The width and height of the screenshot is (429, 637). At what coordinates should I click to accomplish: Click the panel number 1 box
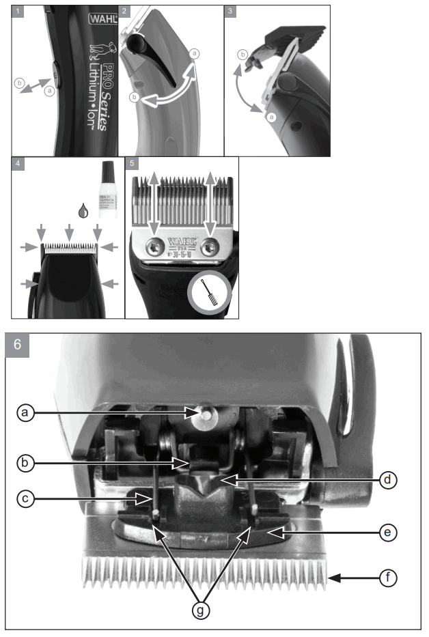coord(18,12)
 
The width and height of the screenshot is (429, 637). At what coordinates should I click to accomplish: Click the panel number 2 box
coord(124,12)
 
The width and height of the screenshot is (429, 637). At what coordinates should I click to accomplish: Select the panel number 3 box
coord(230,12)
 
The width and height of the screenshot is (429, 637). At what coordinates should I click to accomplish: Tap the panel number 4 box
coord(18,164)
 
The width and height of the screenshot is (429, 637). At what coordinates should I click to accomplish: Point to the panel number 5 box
coord(131,164)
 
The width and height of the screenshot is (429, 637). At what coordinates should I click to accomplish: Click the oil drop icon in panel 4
coord(83,212)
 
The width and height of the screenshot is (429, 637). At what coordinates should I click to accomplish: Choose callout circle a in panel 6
coord(26,412)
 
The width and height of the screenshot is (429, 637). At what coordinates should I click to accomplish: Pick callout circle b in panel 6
coord(26,463)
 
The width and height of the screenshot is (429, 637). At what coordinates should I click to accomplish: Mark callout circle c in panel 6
coord(26,498)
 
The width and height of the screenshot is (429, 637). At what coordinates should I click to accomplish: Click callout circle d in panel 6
coord(387,479)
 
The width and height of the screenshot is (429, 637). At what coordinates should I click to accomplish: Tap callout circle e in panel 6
coord(387,530)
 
